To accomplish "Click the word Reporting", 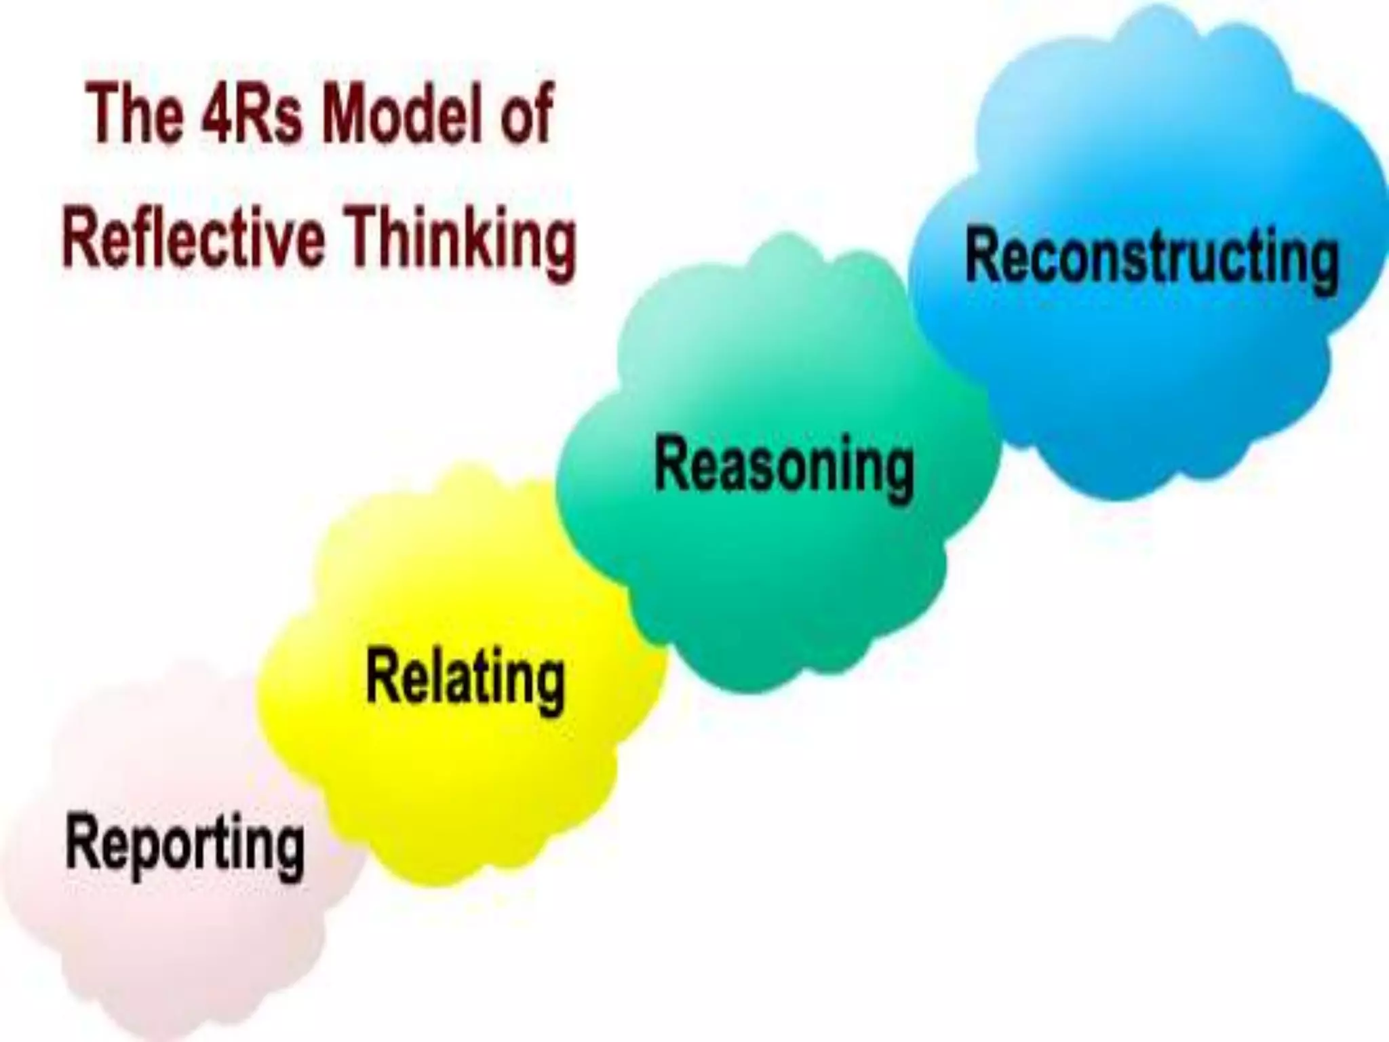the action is (184, 845).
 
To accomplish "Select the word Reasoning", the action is (784, 466).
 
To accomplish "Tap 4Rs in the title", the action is (252, 114).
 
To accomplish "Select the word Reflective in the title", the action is (193, 239).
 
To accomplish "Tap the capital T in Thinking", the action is (367, 237).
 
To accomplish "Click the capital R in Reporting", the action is (83, 841).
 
